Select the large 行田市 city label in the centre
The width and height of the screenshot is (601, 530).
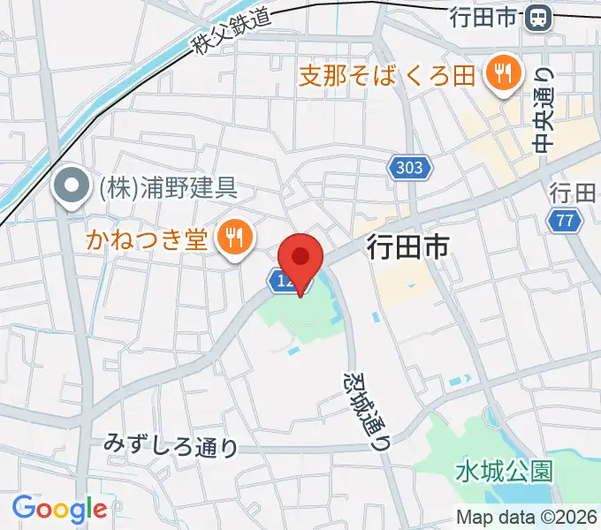pos(404,247)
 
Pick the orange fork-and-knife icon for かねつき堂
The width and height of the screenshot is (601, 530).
pos(235,236)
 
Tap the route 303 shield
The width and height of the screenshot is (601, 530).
pos(409,167)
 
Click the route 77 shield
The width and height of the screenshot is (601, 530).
pos(565,220)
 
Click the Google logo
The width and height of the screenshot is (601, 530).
pos(59,509)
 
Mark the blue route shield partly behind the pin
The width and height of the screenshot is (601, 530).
pos(280,281)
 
